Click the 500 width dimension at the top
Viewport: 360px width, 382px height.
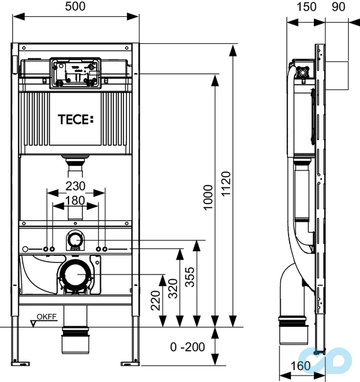pyautogui.click(x=76, y=8)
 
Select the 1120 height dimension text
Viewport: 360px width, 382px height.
pyautogui.click(x=226, y=182)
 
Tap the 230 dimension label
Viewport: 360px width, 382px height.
pyautogui.click(x=76, y=186)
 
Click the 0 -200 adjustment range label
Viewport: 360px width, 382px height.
pyautogui.click(x=188, y=347)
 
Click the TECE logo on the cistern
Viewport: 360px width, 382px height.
pyautogui.click(x=76, y=119)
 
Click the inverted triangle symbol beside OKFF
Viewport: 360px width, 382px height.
pyautogui.click(x=34, y=323)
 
